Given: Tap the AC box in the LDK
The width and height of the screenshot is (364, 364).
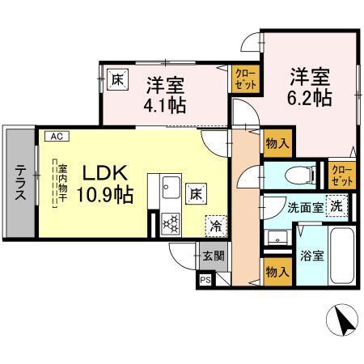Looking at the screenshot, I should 57,137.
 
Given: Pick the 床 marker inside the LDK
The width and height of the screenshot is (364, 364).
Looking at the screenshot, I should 197,193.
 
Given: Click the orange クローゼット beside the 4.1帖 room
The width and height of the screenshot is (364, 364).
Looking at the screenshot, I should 242,78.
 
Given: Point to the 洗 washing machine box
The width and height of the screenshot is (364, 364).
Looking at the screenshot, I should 333,205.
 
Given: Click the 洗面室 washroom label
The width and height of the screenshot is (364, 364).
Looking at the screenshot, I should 304,207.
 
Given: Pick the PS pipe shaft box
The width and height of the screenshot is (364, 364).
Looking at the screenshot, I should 205,280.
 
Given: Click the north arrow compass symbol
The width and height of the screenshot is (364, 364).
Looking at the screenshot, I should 344,321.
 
